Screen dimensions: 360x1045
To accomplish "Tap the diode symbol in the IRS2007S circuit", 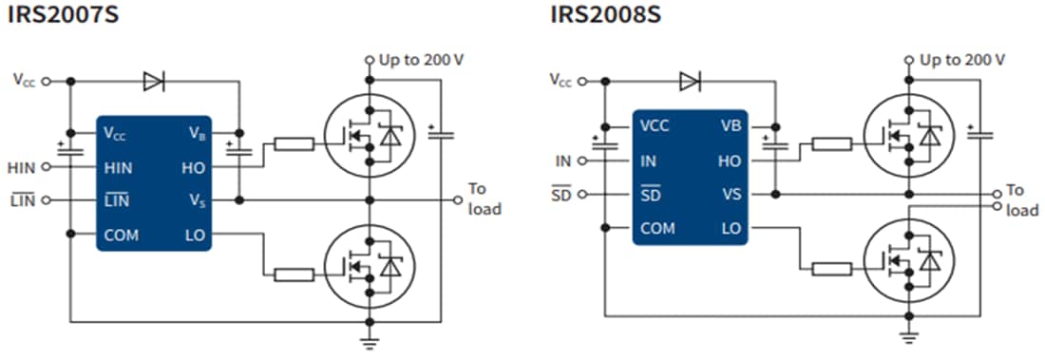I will pos(153,82).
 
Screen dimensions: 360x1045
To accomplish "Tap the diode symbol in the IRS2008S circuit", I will pos(690,82).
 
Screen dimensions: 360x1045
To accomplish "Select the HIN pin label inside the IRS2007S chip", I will pos(119,166).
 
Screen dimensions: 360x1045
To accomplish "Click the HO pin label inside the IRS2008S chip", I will pos(730,161).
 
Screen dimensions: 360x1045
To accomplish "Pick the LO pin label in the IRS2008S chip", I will pos(731,228).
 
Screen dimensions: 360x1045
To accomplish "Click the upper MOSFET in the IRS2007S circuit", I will pos(368,136).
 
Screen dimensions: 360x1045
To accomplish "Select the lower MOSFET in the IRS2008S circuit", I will pos(906,261).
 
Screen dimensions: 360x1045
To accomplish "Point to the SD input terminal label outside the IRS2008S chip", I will pos(560,196).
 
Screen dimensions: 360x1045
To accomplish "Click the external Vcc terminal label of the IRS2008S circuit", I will pos(561,81).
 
